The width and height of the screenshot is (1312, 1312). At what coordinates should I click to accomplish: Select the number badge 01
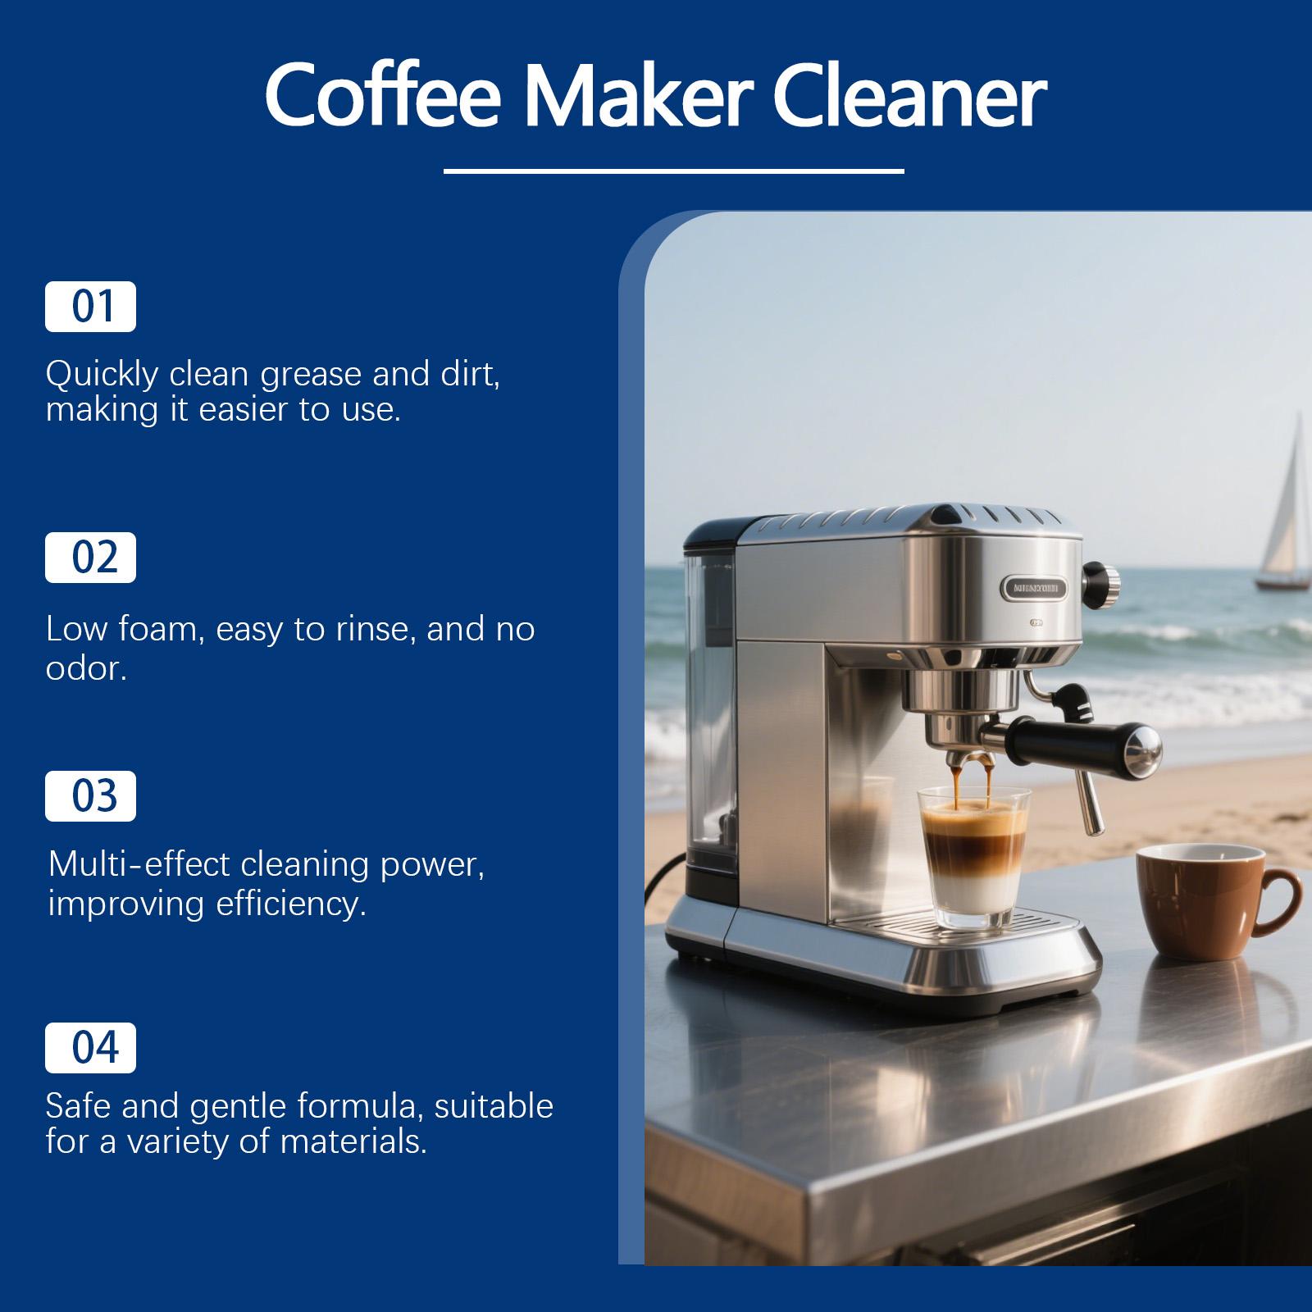click(x=90, y=307)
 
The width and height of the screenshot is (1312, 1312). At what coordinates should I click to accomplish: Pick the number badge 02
click(x=90, y=558)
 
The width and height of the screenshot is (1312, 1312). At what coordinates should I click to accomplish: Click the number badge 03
click(x=90, y=796)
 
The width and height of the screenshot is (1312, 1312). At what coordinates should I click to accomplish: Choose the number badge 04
click(x=90, y=1048)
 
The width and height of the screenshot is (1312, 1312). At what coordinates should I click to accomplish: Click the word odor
click(x=85, y=669)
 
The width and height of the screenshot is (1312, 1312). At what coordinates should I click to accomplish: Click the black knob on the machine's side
click(x=1100, y=581)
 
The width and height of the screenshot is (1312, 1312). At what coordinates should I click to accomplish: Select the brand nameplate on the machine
click(x=1033, y=587)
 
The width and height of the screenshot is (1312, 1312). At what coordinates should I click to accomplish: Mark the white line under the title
click(x=673, y=171)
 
